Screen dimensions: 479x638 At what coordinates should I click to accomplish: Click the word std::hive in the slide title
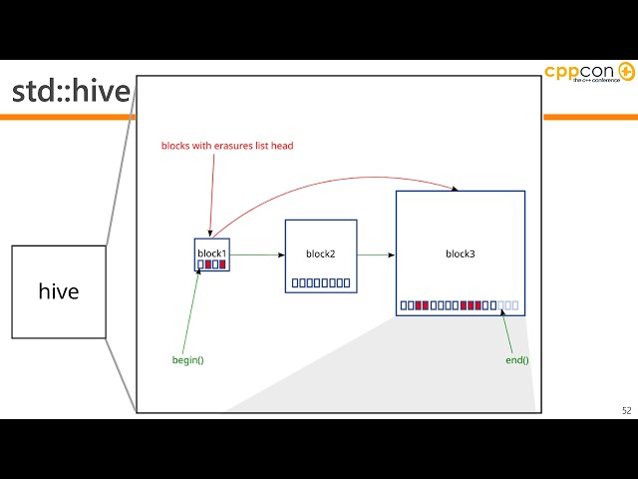[71, 92]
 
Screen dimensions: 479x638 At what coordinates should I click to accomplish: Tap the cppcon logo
[589, 74]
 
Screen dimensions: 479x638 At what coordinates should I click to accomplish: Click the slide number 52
[626, 410]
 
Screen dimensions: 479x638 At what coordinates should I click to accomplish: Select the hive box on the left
[59, 291]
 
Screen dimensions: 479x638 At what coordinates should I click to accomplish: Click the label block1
[211, 253]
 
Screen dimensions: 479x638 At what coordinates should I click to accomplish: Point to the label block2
[320, 254]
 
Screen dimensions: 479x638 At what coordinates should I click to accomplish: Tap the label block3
[460, 254]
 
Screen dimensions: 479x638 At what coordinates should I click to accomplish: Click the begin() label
[187, 359]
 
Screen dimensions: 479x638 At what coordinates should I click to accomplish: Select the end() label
[516, 359]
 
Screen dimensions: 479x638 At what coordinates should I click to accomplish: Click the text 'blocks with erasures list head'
[227, 146]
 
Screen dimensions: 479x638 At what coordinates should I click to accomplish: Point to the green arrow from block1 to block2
[257, 255]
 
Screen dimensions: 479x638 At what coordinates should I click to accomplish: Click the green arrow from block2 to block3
[376, 255]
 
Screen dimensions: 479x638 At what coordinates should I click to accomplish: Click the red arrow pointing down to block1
[211, 195]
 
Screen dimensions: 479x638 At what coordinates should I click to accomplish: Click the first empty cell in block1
[200, 264]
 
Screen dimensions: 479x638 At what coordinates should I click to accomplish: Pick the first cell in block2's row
[295, 283]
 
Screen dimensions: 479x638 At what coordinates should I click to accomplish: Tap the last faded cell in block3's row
[515, 304]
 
